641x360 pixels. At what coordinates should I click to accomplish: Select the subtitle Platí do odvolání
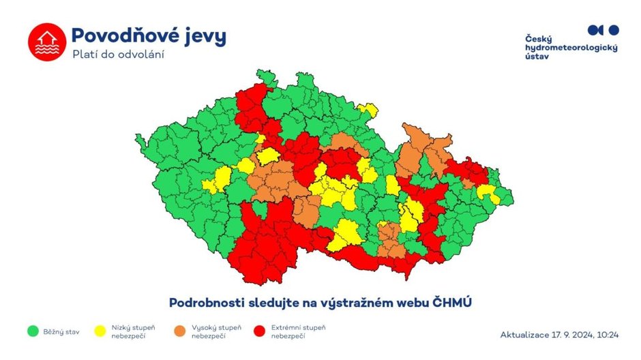[118, 55]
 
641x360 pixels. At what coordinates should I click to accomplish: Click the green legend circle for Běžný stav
[31, 331]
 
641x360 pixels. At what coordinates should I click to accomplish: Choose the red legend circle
[258, 331]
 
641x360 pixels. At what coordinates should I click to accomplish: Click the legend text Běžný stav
[62, 332]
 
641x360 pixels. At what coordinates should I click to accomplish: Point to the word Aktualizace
[525, 335]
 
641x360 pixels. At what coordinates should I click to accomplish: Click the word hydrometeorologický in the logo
[571, 47]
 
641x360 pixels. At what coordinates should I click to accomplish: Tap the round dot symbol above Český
[613, 30]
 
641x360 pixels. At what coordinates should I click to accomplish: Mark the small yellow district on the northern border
[368, 109]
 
